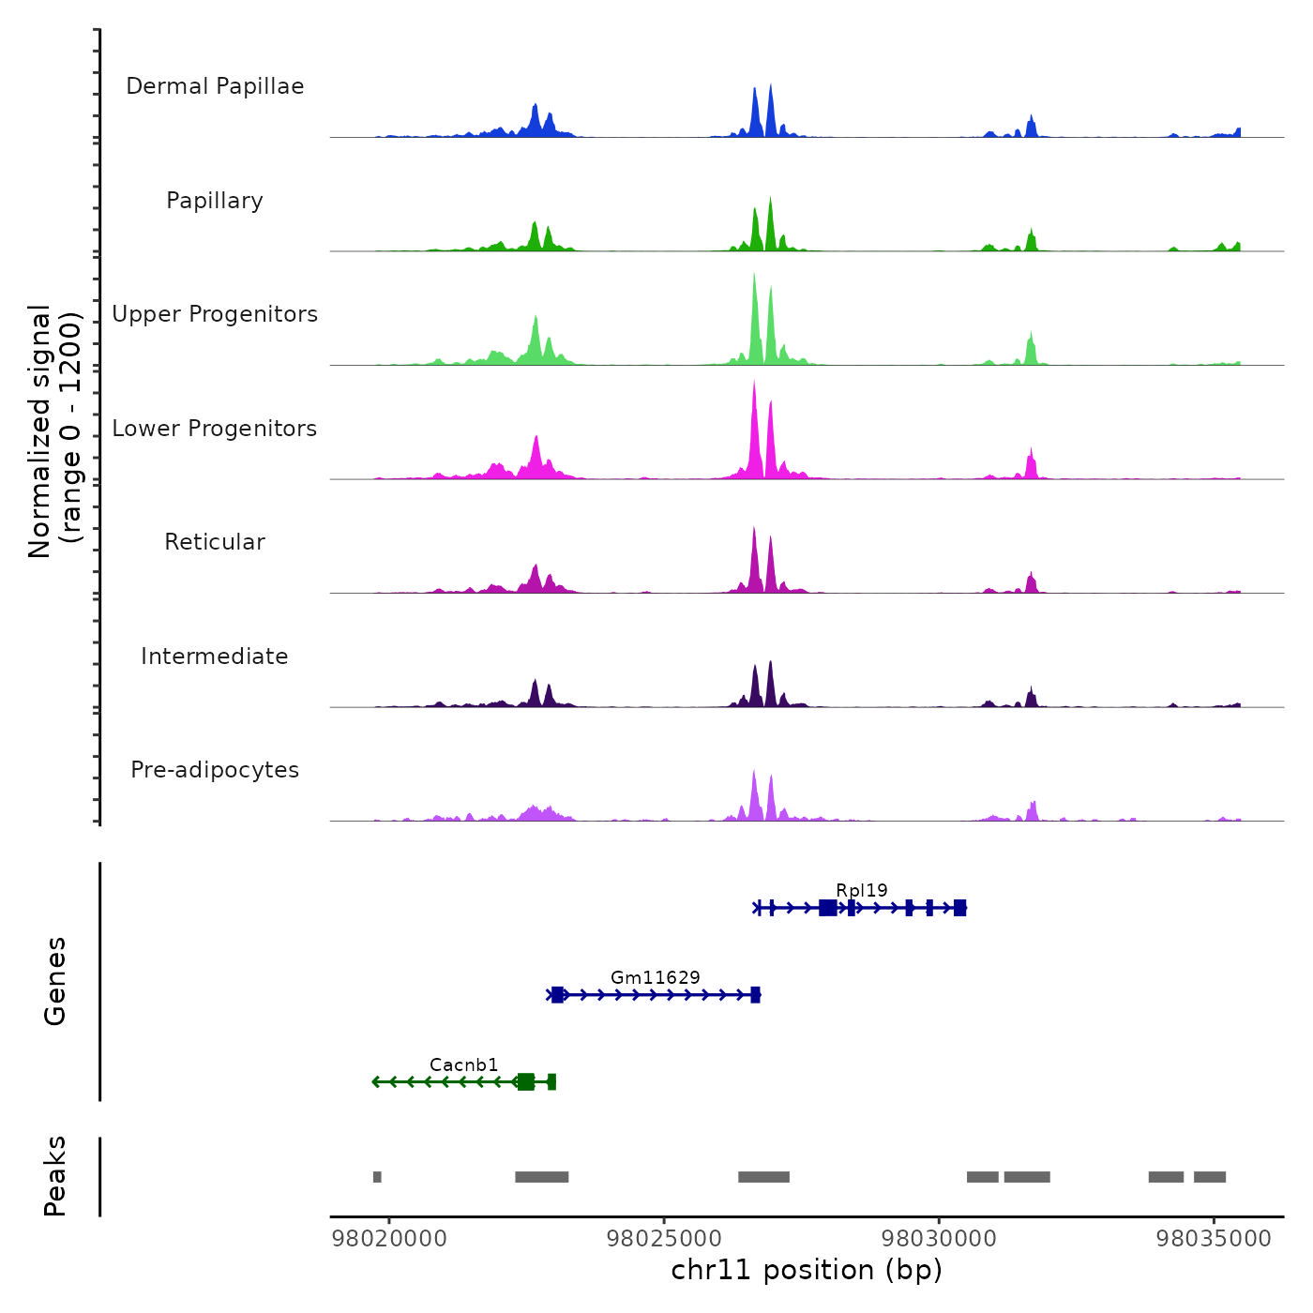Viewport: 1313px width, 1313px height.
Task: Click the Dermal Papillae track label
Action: (215, 86)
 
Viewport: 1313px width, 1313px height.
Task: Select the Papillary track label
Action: (215, 201)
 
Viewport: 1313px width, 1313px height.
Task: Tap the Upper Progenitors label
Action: (215, 314)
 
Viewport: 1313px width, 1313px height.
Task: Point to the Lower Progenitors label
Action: (215, 429)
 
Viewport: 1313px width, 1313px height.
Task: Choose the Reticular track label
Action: (215, 542)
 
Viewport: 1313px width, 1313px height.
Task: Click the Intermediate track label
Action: (215, 656)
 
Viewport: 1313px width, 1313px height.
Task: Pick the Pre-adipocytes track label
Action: (215, 770)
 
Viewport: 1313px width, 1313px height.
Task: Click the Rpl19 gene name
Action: (862, 890)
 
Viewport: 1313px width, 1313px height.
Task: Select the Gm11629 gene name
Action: (656, 977)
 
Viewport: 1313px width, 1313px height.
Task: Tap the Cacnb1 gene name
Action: (464, 1064)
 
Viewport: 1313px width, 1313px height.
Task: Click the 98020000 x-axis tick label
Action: (389, 1239)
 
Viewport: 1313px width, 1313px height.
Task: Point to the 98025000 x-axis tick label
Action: (664, 1239)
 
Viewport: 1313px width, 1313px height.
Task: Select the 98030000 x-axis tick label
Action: (939, 1239)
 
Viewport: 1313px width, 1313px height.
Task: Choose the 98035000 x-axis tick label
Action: (1214, 1239)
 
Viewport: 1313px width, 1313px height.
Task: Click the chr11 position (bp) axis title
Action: (807, 1270)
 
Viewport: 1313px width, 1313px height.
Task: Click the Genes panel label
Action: (55, 981)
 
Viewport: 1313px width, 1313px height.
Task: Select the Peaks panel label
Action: (55, 1176)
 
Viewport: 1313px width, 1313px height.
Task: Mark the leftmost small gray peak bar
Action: (377, 1177)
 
